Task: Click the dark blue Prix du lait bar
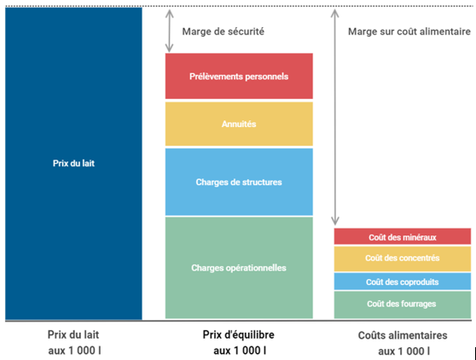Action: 73,163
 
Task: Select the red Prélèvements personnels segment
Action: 239,76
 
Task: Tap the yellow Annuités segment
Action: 239,124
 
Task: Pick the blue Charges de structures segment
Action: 239,182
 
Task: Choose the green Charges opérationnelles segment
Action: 239,268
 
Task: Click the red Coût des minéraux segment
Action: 403,236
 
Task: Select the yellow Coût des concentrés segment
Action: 403,258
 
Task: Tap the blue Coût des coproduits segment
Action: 403,282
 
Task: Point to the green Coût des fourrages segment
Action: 403,305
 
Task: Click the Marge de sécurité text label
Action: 223,32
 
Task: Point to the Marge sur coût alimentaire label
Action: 409,32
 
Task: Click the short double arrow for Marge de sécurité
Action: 170,31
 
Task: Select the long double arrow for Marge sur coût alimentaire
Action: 335,117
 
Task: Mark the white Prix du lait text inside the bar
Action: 73,163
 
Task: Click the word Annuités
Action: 239,124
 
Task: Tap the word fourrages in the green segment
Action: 419,304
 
